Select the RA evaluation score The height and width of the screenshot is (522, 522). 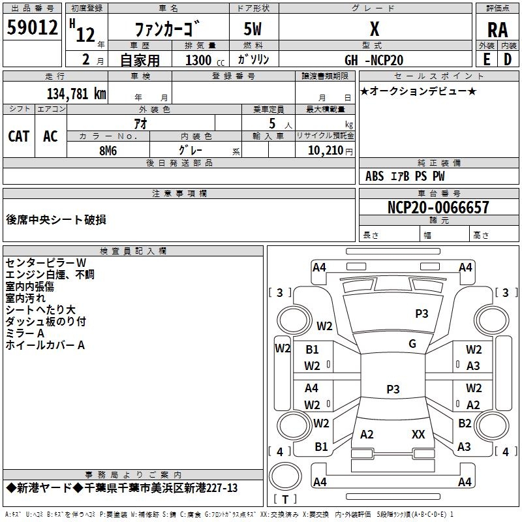pyautogui.click(x=498, y=30)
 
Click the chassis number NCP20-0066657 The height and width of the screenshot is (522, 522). pyautogui.click(x=438, y=207)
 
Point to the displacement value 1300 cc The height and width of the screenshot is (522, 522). pyautogui.click(x=199, y=60)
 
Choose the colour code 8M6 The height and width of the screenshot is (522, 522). pyautogui.click(x=108, y=149)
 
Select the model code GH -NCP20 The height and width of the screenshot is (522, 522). pyautogui.click(x=374, y=60)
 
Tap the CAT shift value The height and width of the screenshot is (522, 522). pyautogui.click(x=19, y=136)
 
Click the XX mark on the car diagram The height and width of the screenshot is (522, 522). pyautogui.click(x=418, y=434)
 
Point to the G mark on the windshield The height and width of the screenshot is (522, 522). pyautogui.click(x=412, y=343)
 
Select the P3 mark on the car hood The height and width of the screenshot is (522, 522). pyautogui.click(x=422, y=313)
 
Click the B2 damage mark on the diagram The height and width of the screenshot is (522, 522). pyautogui.click(x=465, y=423)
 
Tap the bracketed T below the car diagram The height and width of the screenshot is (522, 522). pyautogui.click(x=284, y=499)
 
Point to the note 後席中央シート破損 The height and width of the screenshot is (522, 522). pyautogui.click(x=55, y=220)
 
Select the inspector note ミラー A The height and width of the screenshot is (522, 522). pyautogui.click(x=25, y=333)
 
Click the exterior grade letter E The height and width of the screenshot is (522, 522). pyautogui.click(x=486, y=59)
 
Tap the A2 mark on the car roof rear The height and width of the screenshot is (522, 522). pyautogui.click(x=367, y=434)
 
